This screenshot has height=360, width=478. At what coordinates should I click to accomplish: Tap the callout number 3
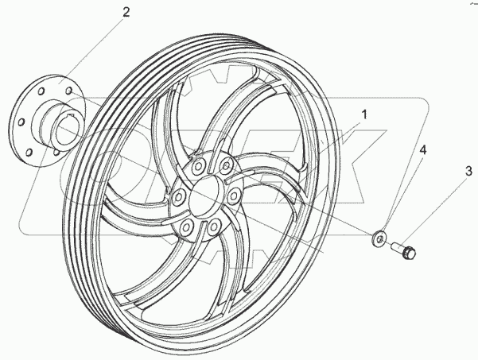click(x=468, y=169)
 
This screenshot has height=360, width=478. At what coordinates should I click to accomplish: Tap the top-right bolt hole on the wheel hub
click(x=227, y=165)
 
